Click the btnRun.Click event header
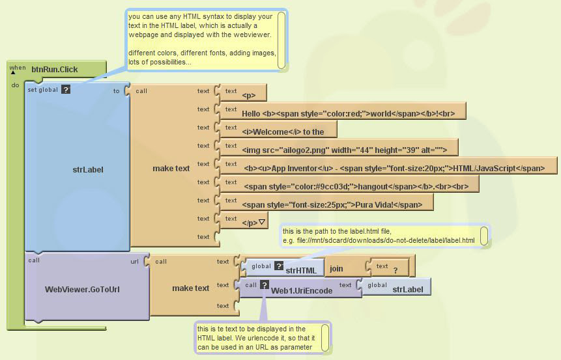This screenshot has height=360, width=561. pos(54,68)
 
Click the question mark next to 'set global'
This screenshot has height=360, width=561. pos(65,90)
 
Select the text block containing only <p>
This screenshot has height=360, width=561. pos(249,95)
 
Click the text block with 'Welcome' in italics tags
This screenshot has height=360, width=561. pos(287,132)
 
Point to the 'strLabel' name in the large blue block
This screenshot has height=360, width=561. pos(88,169)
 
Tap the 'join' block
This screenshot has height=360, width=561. pos(336,268)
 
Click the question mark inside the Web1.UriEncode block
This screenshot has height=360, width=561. pos(264,284)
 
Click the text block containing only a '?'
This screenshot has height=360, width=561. pos(395,269)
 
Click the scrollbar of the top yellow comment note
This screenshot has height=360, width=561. pos(281,39)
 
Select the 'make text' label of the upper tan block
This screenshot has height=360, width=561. pos(171,169)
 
